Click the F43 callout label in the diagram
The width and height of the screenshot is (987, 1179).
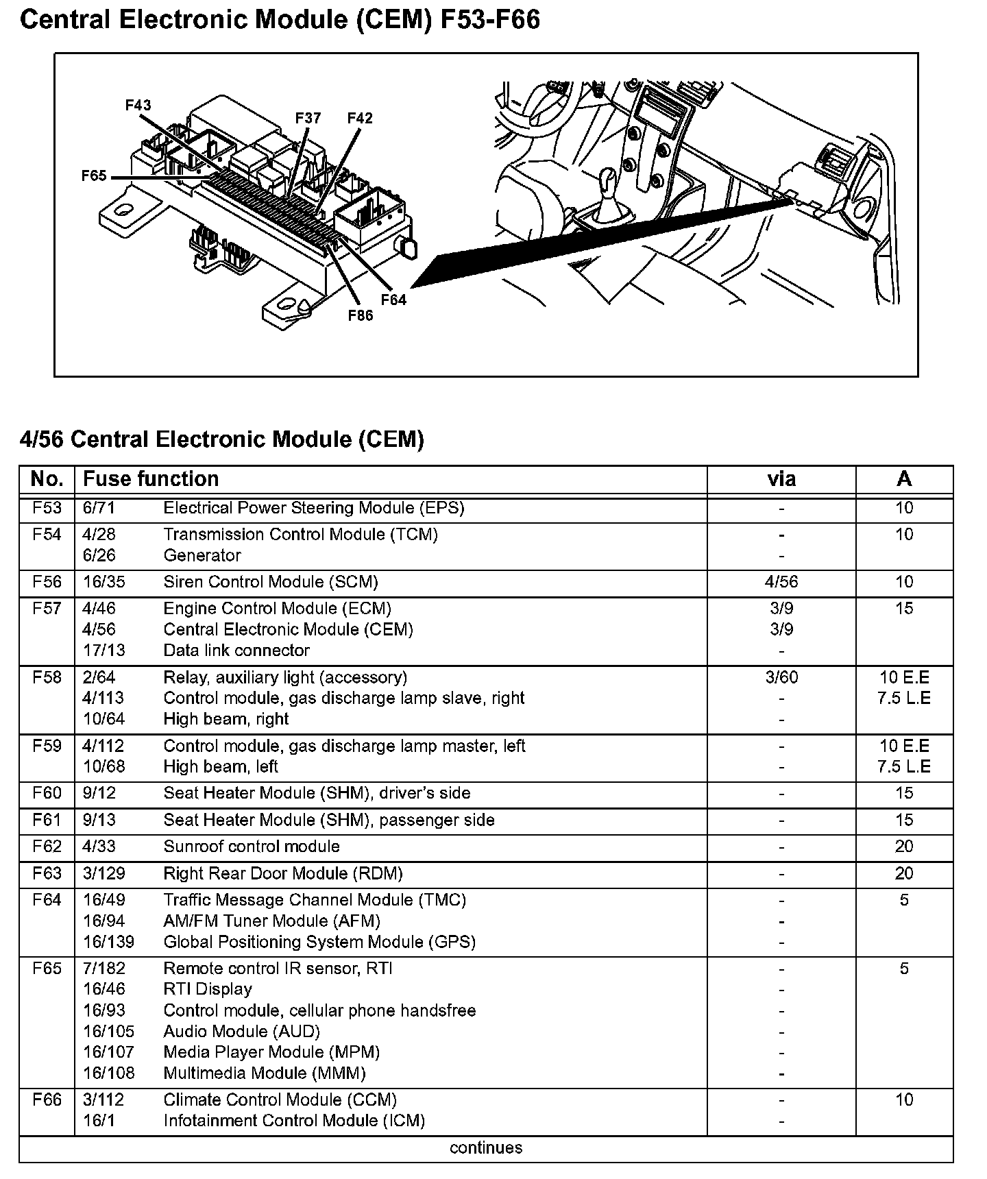point(138,105)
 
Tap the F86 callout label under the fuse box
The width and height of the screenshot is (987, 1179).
point(361,315)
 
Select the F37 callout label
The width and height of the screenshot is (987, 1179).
point(308,118)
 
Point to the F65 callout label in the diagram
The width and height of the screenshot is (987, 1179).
point(94,175)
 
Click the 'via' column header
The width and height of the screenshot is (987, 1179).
point(781,478)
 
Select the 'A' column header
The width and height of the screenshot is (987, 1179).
point(904,478)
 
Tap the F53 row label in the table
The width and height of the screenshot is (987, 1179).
point(47,508)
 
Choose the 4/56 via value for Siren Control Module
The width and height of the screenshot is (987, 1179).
point(781,582)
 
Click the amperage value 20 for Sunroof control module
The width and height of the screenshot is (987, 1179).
point(904,847)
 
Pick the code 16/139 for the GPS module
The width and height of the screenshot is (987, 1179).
point(108,942)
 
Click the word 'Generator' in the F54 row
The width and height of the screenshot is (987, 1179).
point(202,555)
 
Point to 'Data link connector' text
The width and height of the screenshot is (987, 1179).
point(236,650)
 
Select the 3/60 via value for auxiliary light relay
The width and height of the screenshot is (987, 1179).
point(781,677)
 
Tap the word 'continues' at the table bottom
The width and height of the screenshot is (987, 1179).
point(486,1147)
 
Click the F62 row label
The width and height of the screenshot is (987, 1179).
point(47,847)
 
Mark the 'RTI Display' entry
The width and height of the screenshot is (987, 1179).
point(208,989)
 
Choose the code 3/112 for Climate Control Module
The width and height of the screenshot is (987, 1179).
point(103,1099)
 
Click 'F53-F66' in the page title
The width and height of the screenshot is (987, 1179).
point(489,20)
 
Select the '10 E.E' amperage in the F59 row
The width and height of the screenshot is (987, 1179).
point(904,745)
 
